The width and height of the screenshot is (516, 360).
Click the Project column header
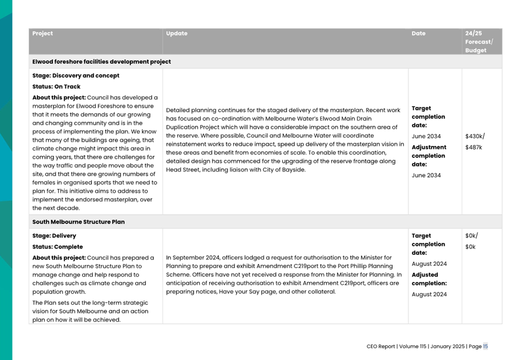[x=43, y=33]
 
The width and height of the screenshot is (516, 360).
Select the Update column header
[x=176, y=33]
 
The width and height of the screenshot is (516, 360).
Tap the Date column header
[x=418, y=33]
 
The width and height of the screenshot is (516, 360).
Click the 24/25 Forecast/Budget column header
[x=479, y=42]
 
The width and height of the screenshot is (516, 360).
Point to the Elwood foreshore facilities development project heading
[x=101, y=61]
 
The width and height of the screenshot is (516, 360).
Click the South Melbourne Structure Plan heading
[x=78, y=222]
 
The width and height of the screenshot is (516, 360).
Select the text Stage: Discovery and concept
[x=76, y=75]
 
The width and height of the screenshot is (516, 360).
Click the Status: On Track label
[x=56, y=87]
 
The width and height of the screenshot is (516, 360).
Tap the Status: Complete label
[x=57, y=247]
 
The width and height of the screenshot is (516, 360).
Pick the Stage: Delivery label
[x=54, y=235]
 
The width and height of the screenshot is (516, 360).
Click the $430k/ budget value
[x=475, y=137]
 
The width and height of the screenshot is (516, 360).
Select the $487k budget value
[x=473, y=148]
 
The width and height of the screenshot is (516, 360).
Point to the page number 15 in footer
[x=486, y=346]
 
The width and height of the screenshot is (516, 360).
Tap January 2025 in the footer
[x=447, y=346]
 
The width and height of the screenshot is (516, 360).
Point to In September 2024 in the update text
[x=192, y=257]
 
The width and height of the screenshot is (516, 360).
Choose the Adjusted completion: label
[x=429, y=279]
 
